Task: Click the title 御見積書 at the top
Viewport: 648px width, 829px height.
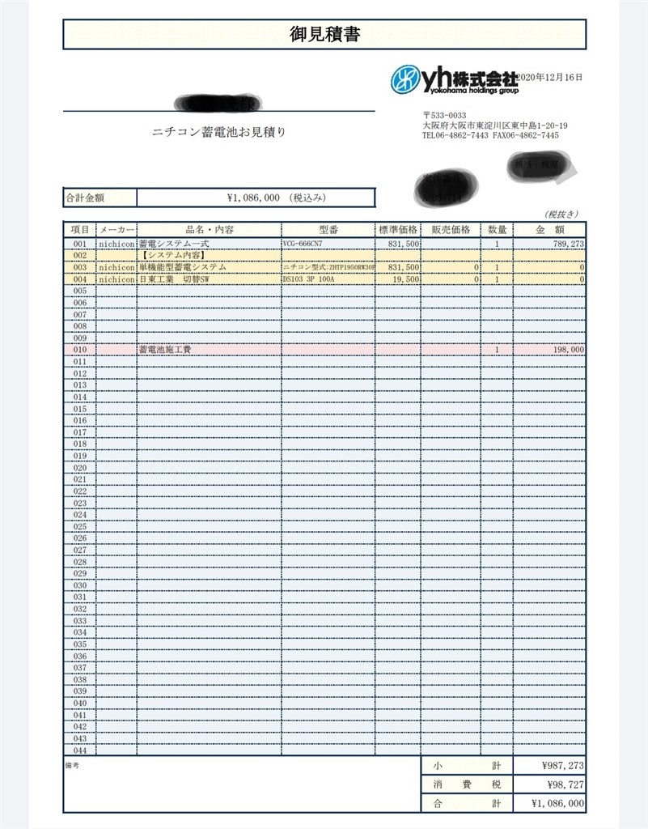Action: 324,34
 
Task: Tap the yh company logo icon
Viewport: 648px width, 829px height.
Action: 405,79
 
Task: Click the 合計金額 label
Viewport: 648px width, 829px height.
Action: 84,198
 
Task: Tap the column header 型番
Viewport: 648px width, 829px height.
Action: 327,229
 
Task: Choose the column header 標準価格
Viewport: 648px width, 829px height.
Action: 397,229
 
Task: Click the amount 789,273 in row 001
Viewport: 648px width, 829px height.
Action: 564,243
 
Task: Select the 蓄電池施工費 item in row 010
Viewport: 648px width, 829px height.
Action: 165,350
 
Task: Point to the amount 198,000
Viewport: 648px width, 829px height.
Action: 567,350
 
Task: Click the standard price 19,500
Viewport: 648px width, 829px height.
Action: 404,279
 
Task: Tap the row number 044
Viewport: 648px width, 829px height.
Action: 79,750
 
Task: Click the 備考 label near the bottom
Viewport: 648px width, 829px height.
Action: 73,763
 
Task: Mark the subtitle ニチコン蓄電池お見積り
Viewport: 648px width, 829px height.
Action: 219,132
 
